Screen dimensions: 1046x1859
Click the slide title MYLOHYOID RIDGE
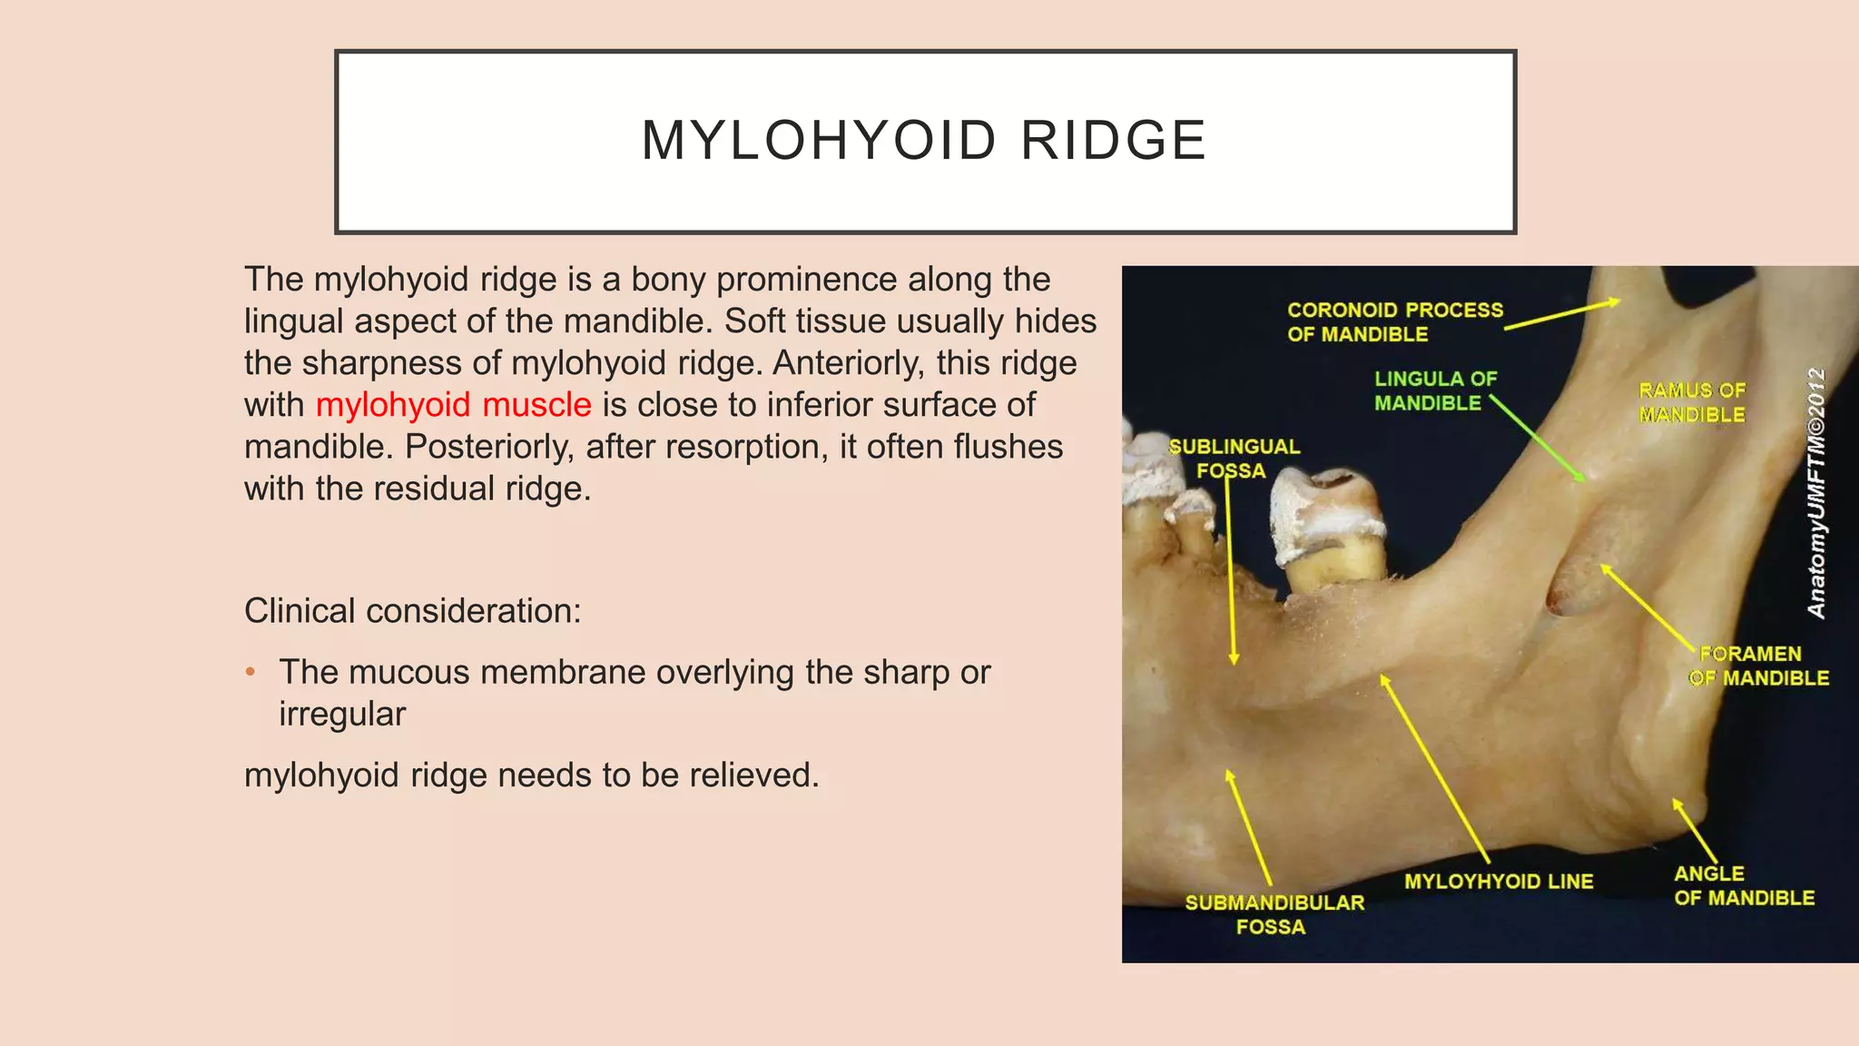tap(924, 142)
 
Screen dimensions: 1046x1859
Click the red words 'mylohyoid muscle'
tap(453, 405)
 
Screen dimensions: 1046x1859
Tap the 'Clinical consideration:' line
tap(412, 611)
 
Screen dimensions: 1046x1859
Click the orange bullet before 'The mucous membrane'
tap(251, 673)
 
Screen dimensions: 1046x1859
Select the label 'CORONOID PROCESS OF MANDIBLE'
tap(1394, 322)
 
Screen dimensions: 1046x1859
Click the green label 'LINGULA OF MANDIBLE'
tap(1434, 390)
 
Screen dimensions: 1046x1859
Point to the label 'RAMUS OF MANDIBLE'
tap(1692, 402)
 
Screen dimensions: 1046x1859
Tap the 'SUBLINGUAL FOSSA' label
tap(1234, 459)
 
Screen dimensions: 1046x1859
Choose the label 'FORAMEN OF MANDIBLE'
tap(1758, 666)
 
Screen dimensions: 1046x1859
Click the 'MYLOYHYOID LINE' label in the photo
tap(1498, 882)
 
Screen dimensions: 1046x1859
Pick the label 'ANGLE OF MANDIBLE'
tap(1743, 885)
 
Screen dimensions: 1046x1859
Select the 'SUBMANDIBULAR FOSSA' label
tap(1274, 914)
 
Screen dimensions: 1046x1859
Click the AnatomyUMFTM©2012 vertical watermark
tap(1816, 493)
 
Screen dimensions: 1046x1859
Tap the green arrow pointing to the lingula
tap(1538, 439)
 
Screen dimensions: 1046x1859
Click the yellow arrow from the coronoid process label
tap(1561, 314)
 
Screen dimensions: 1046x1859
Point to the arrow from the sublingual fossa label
tap(1230, 572)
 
